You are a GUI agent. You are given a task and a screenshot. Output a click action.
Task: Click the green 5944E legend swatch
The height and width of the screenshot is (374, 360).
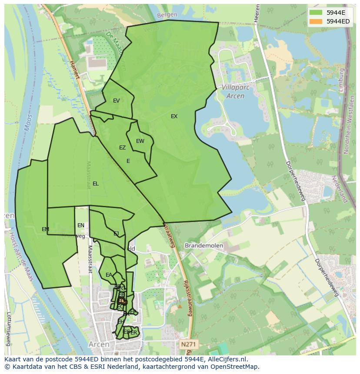pyautogui.click(x=316, y=13)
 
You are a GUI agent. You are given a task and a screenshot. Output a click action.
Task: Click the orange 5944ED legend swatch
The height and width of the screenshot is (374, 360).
pyautogui.click(x=316, y=21)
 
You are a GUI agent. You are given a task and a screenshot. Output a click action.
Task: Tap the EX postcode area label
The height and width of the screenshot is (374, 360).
pyautogui.click(x=174, y=116)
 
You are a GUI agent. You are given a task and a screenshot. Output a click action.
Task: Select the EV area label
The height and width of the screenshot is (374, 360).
pyautogui.click(x=116, y=101)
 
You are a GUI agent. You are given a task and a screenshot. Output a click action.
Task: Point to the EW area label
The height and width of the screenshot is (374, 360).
pyautogui.click(x=140, y=141)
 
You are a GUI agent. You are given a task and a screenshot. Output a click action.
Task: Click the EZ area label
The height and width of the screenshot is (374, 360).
pyautogui.click(x=122, y=148)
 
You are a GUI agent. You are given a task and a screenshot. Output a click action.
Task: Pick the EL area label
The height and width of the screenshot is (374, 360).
pyautogui.click(x=96, y=184)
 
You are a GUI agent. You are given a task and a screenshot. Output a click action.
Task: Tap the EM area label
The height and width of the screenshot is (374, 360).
pyautogui.click(x=45, y=229)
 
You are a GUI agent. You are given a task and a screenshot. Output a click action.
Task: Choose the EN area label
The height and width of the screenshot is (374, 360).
pyautogui.click(x=81, y=225)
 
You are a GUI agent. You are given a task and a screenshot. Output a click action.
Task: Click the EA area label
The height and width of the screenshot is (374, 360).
pyautogui.click(x=109, y=275)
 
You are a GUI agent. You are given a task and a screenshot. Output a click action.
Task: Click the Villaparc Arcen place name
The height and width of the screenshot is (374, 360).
pyautogui.click(x=233, y=91)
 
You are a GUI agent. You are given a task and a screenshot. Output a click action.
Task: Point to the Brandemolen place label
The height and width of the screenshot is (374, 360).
pyautogui.click(x=204, y=245)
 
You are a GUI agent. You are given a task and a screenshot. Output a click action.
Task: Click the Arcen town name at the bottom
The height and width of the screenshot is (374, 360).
pyautogui.click(x=99, y=344)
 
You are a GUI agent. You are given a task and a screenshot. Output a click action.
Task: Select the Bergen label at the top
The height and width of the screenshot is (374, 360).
pyautogui.click(x=167, y=15)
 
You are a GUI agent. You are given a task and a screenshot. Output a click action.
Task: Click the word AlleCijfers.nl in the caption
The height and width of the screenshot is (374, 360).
pyautogui.click(x=226, y=359)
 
